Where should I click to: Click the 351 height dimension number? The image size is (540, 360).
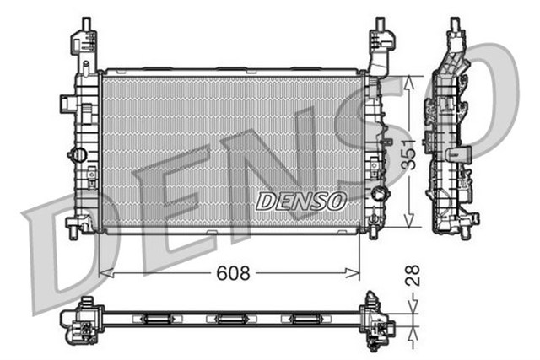click(408, 152)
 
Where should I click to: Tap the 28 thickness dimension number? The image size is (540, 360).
click(413, 277)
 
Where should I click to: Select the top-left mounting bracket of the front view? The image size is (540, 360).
click(85, 43)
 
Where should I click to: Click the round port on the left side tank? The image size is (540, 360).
click(78, 156)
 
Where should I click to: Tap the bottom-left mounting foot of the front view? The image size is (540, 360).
click(80, 225)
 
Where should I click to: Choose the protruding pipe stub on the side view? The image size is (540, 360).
click(461, 154)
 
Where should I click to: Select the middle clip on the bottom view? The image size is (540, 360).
click(229, 319)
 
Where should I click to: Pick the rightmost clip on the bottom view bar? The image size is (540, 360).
click(303, 319)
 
